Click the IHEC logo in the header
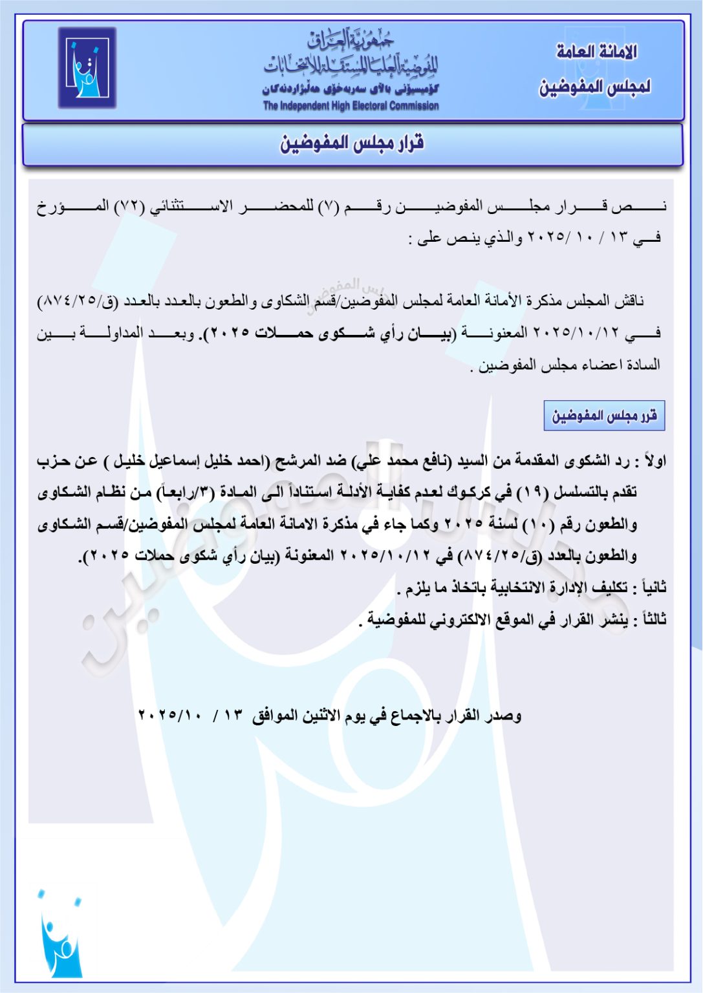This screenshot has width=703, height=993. coord(87,67)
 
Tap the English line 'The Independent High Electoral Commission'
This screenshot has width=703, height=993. coord(351,106)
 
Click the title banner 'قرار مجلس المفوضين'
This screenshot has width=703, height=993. coord(352,144)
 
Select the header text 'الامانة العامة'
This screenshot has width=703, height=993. coord(596,52)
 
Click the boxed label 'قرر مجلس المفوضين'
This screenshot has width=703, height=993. coord(604,416)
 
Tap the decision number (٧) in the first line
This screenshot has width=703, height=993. coord(328,207)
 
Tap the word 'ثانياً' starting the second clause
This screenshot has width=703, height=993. coord(650,588)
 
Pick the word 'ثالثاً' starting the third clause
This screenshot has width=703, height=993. coord(649,619)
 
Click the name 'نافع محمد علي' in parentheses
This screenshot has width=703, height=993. coord(406,462)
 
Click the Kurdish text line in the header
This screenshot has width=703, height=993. coord(351,89)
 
